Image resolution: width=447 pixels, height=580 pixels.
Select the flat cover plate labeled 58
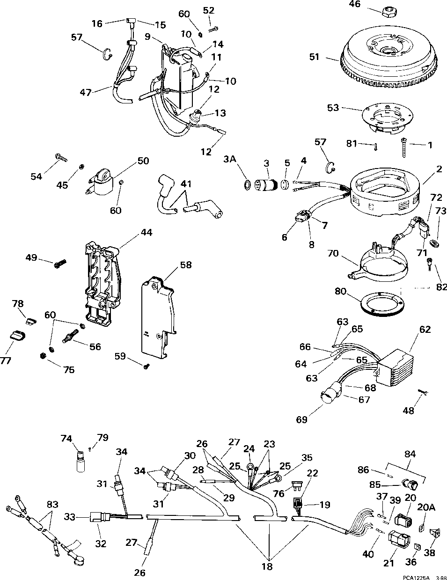[159, 318]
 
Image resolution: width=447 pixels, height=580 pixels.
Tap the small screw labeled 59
[147, 367]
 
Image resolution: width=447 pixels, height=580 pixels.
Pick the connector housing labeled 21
[398, 542]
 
